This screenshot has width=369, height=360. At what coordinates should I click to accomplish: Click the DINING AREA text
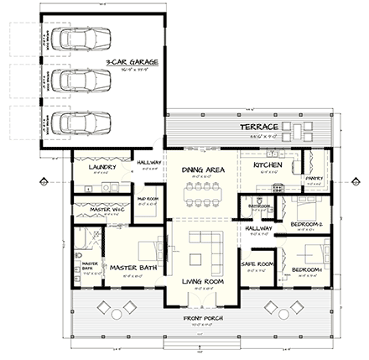click(201, 170)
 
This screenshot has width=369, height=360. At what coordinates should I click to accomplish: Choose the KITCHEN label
click(268, 164)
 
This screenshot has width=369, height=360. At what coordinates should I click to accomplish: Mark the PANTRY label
click(314, 178)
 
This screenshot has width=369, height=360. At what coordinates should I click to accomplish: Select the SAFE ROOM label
click(254, 263)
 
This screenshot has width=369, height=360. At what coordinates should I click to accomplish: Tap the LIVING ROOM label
click(202, 281)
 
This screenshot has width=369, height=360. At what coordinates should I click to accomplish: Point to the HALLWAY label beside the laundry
click(148, 161)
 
